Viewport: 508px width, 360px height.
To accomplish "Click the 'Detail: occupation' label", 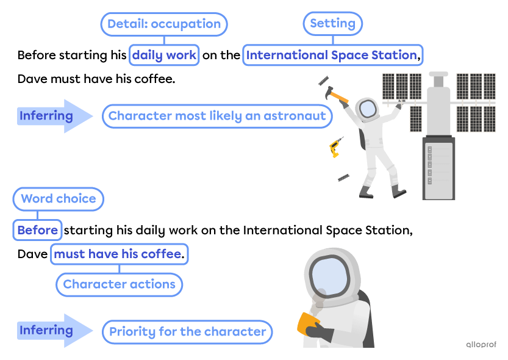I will pyautogui.click(x=163, y=24).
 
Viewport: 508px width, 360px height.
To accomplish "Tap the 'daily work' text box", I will pyautogui.click(x=164, y=56).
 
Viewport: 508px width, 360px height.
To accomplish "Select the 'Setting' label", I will pyautogui.click(x=332, y=24).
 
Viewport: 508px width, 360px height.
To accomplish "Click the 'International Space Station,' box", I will pyautogui.click(x=333, y=56).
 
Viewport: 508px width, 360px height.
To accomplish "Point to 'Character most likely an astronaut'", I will pyautogui.click(x=217, y=116).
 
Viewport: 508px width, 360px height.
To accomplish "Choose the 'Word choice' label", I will pyautogui.click(x=58, y=199).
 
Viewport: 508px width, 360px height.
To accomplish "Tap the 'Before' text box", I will pyautogui.click(x=38, y=231).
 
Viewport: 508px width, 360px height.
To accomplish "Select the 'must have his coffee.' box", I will pyautogui.click(x=119, y=254).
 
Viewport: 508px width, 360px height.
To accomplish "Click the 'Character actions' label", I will pyautogui.click(x=119, y=284).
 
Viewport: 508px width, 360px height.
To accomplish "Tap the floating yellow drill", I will pyautogui.click(x=335, y=148).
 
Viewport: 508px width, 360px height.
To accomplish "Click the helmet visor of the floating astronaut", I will pyautogui.click(x=367, y=109).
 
